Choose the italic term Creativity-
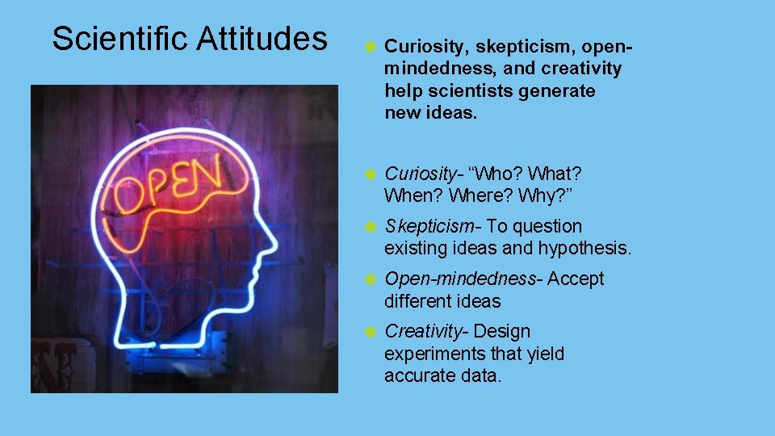pyautogui.click(x=427, y=331)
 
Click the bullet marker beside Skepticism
pyautogui.click(x=371, y=227)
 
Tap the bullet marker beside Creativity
pyautogui.click(x=371, y=332)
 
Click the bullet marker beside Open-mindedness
pyautogui.click(x=371, y=279)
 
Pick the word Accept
pyautogui.click(x=576, y=279)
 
